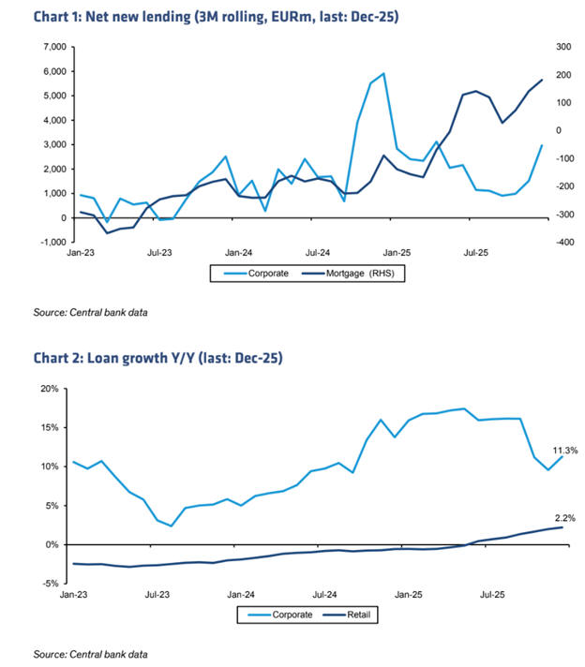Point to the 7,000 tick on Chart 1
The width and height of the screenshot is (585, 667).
[x=49, y=47]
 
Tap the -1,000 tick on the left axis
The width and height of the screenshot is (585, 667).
[x=49, y=243]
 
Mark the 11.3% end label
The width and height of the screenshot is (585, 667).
[x=564, y=450]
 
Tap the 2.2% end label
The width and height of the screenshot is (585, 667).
[x=564, y=517]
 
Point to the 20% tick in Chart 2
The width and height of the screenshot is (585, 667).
[x=48, y=389]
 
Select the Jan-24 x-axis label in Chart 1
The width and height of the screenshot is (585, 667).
[x=240, y=253]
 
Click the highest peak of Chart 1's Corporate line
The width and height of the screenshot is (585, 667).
[x=383, y=73]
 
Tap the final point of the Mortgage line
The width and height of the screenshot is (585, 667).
[x=542, y=80]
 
